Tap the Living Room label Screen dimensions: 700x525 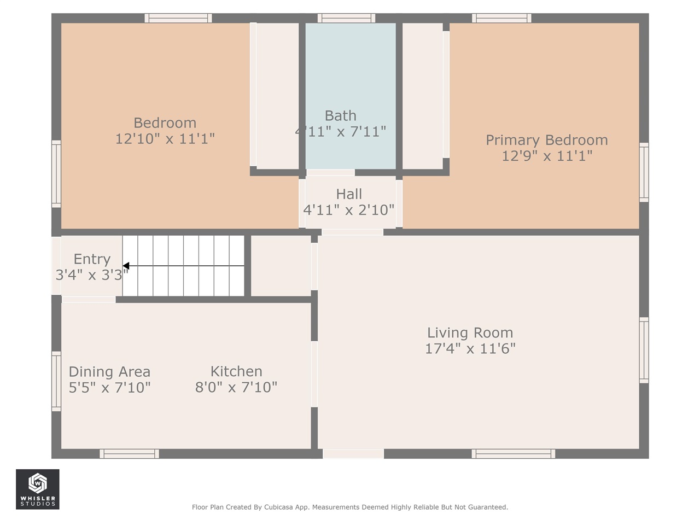point(470,333)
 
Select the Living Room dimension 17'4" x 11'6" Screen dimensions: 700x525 point(470,349)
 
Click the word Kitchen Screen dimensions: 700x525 point(236,371)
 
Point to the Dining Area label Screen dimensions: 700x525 point(109,372)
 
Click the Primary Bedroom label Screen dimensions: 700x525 point(547,140)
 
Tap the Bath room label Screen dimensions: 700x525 point(340,116)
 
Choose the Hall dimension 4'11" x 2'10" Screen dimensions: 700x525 point(348,210)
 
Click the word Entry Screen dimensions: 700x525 point(92,259)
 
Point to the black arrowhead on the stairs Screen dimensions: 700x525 point(126,266)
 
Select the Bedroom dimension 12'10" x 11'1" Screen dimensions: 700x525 point(165,139)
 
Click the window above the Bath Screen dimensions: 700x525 point(346,18)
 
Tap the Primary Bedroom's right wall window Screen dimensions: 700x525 point(644,172)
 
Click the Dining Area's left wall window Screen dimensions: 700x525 point(56,381)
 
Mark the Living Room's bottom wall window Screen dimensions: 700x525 point(513,453)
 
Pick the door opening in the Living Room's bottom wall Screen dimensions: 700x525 point(353,453)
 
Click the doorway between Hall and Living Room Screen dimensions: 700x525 point(352,232)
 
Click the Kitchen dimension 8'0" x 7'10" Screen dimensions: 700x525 point(236,387)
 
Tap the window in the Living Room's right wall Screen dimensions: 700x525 point(644,350)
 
